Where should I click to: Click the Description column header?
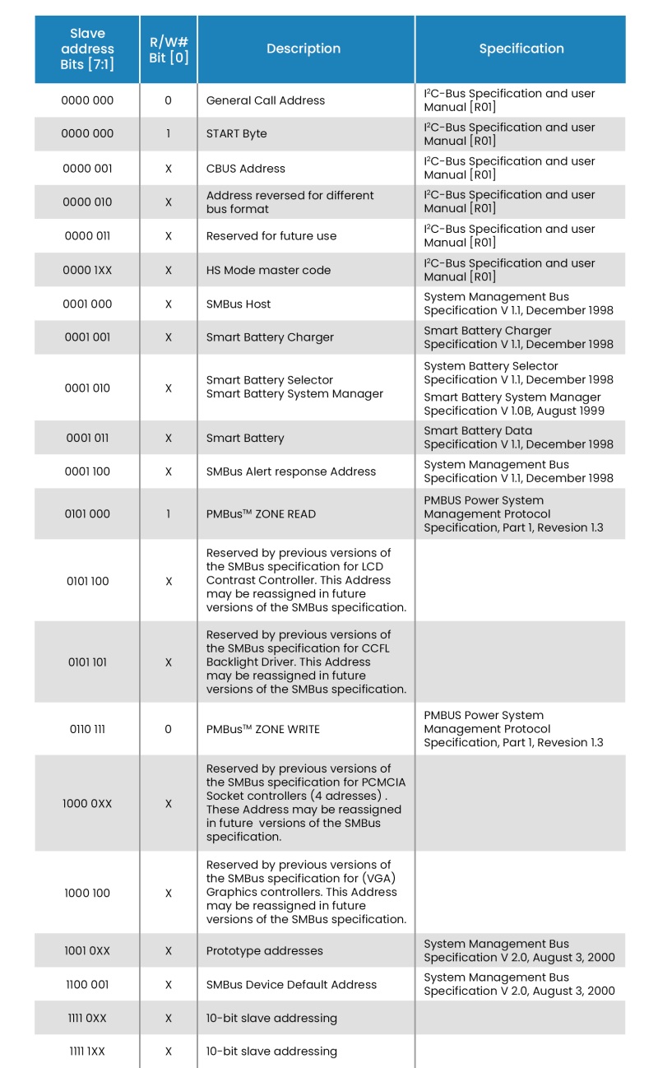click(x=304, y=49)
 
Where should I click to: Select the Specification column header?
click(x=521, y=49)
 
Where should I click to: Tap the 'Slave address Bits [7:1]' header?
click(x=87, y=49)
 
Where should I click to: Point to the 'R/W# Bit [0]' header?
click(x=169, y=49)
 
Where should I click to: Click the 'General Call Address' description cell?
click(x=266, y=100)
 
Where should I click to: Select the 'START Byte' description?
click(x=237, y=133)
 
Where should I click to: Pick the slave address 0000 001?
click(x=87, y=169)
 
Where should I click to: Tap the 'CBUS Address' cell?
click(x=246, y=169)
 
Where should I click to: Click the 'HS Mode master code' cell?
click(x=268, y=270)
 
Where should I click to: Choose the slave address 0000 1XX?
click(x=87, y=270)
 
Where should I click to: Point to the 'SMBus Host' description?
click(x=239, y=304)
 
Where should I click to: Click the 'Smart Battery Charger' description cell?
click(x=270, y=337)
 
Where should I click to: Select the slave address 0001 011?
click(x=87, y=438)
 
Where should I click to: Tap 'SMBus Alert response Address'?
click(x=291, y=471)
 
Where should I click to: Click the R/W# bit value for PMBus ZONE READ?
click(x=169, y=514)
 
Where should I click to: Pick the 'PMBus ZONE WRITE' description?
click(x=263, y=729)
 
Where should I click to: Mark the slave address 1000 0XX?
click(x=87, y=803)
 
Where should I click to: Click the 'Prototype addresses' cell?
click(x=264, y=950)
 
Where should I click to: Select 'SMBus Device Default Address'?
click(x=291, y=984)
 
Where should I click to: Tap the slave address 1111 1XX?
click(x=87, y=1052)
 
